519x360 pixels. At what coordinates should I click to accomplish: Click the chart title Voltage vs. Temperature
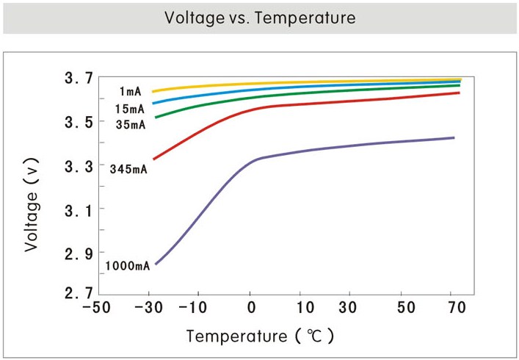click(259, 18)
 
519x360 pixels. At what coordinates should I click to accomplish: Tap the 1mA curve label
click(130, 92)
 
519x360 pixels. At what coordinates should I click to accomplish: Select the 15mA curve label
click(130, 109)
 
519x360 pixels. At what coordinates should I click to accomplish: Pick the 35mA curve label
click(131, 124)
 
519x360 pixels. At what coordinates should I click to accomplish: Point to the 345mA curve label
click(128, 170)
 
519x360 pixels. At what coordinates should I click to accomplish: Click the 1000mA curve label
click(127, 266)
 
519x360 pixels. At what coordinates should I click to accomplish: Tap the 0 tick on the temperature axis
click(251, 308)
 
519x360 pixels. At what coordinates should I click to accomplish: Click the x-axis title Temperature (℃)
click(261, 336)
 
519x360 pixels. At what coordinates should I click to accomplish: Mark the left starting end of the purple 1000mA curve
click(155, 264)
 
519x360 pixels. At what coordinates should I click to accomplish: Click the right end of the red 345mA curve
click(459, 93)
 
